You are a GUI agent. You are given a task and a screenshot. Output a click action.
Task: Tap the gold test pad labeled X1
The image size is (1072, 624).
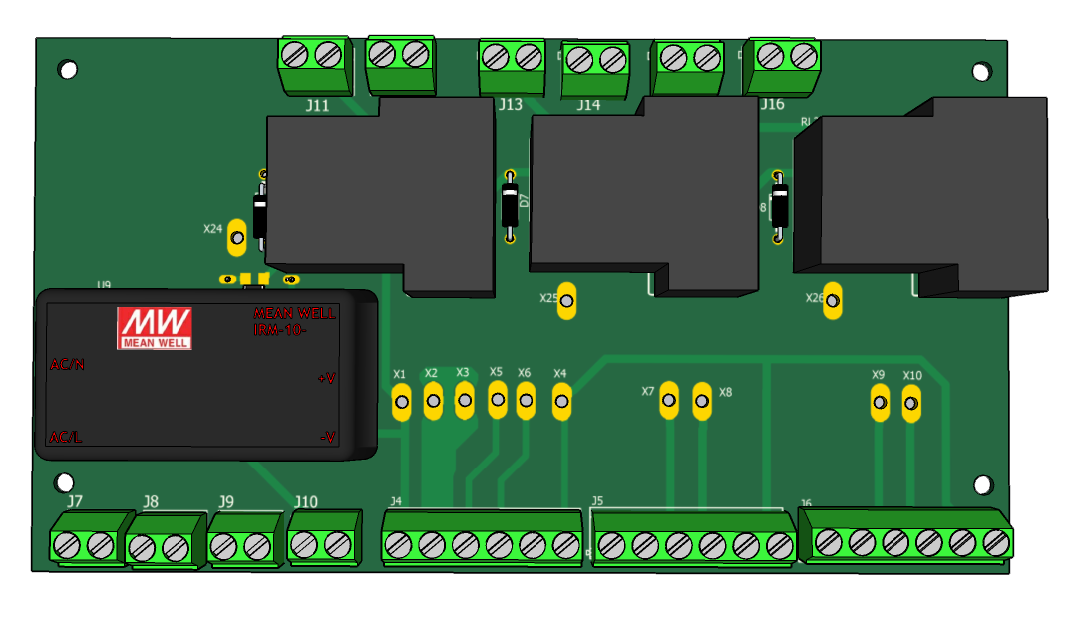(x=402, y=404)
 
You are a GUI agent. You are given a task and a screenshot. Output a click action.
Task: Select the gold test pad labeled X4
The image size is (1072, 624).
(x=561, y=402)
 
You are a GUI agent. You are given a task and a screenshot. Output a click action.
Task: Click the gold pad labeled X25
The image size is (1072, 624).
(x=566, y=299)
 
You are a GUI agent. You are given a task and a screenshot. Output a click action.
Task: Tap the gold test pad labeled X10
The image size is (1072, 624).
(x=910, y=404)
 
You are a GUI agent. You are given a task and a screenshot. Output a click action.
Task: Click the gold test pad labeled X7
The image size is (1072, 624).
(x=669, y=400)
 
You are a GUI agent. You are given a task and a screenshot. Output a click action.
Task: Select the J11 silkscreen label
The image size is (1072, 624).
(x=318, y=105)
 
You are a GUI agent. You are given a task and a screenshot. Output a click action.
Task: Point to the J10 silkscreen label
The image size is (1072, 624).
(x=306, y=501)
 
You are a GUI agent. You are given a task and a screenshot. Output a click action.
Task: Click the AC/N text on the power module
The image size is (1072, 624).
(x=68, y=365)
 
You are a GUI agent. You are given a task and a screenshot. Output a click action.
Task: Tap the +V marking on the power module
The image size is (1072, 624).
(x=326, y=378)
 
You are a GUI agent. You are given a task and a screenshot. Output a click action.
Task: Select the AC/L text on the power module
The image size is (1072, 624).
(x=67, y=438)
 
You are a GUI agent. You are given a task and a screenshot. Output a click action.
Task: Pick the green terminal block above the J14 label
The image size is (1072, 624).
(x=596, y=62)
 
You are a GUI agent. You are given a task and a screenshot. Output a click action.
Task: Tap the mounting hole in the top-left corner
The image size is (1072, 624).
(x=68, y=70)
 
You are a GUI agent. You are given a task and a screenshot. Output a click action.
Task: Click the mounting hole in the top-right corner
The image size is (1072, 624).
(x=982, y=71)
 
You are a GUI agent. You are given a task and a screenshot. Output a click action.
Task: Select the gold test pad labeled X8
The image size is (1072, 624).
(x=702, y=400)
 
